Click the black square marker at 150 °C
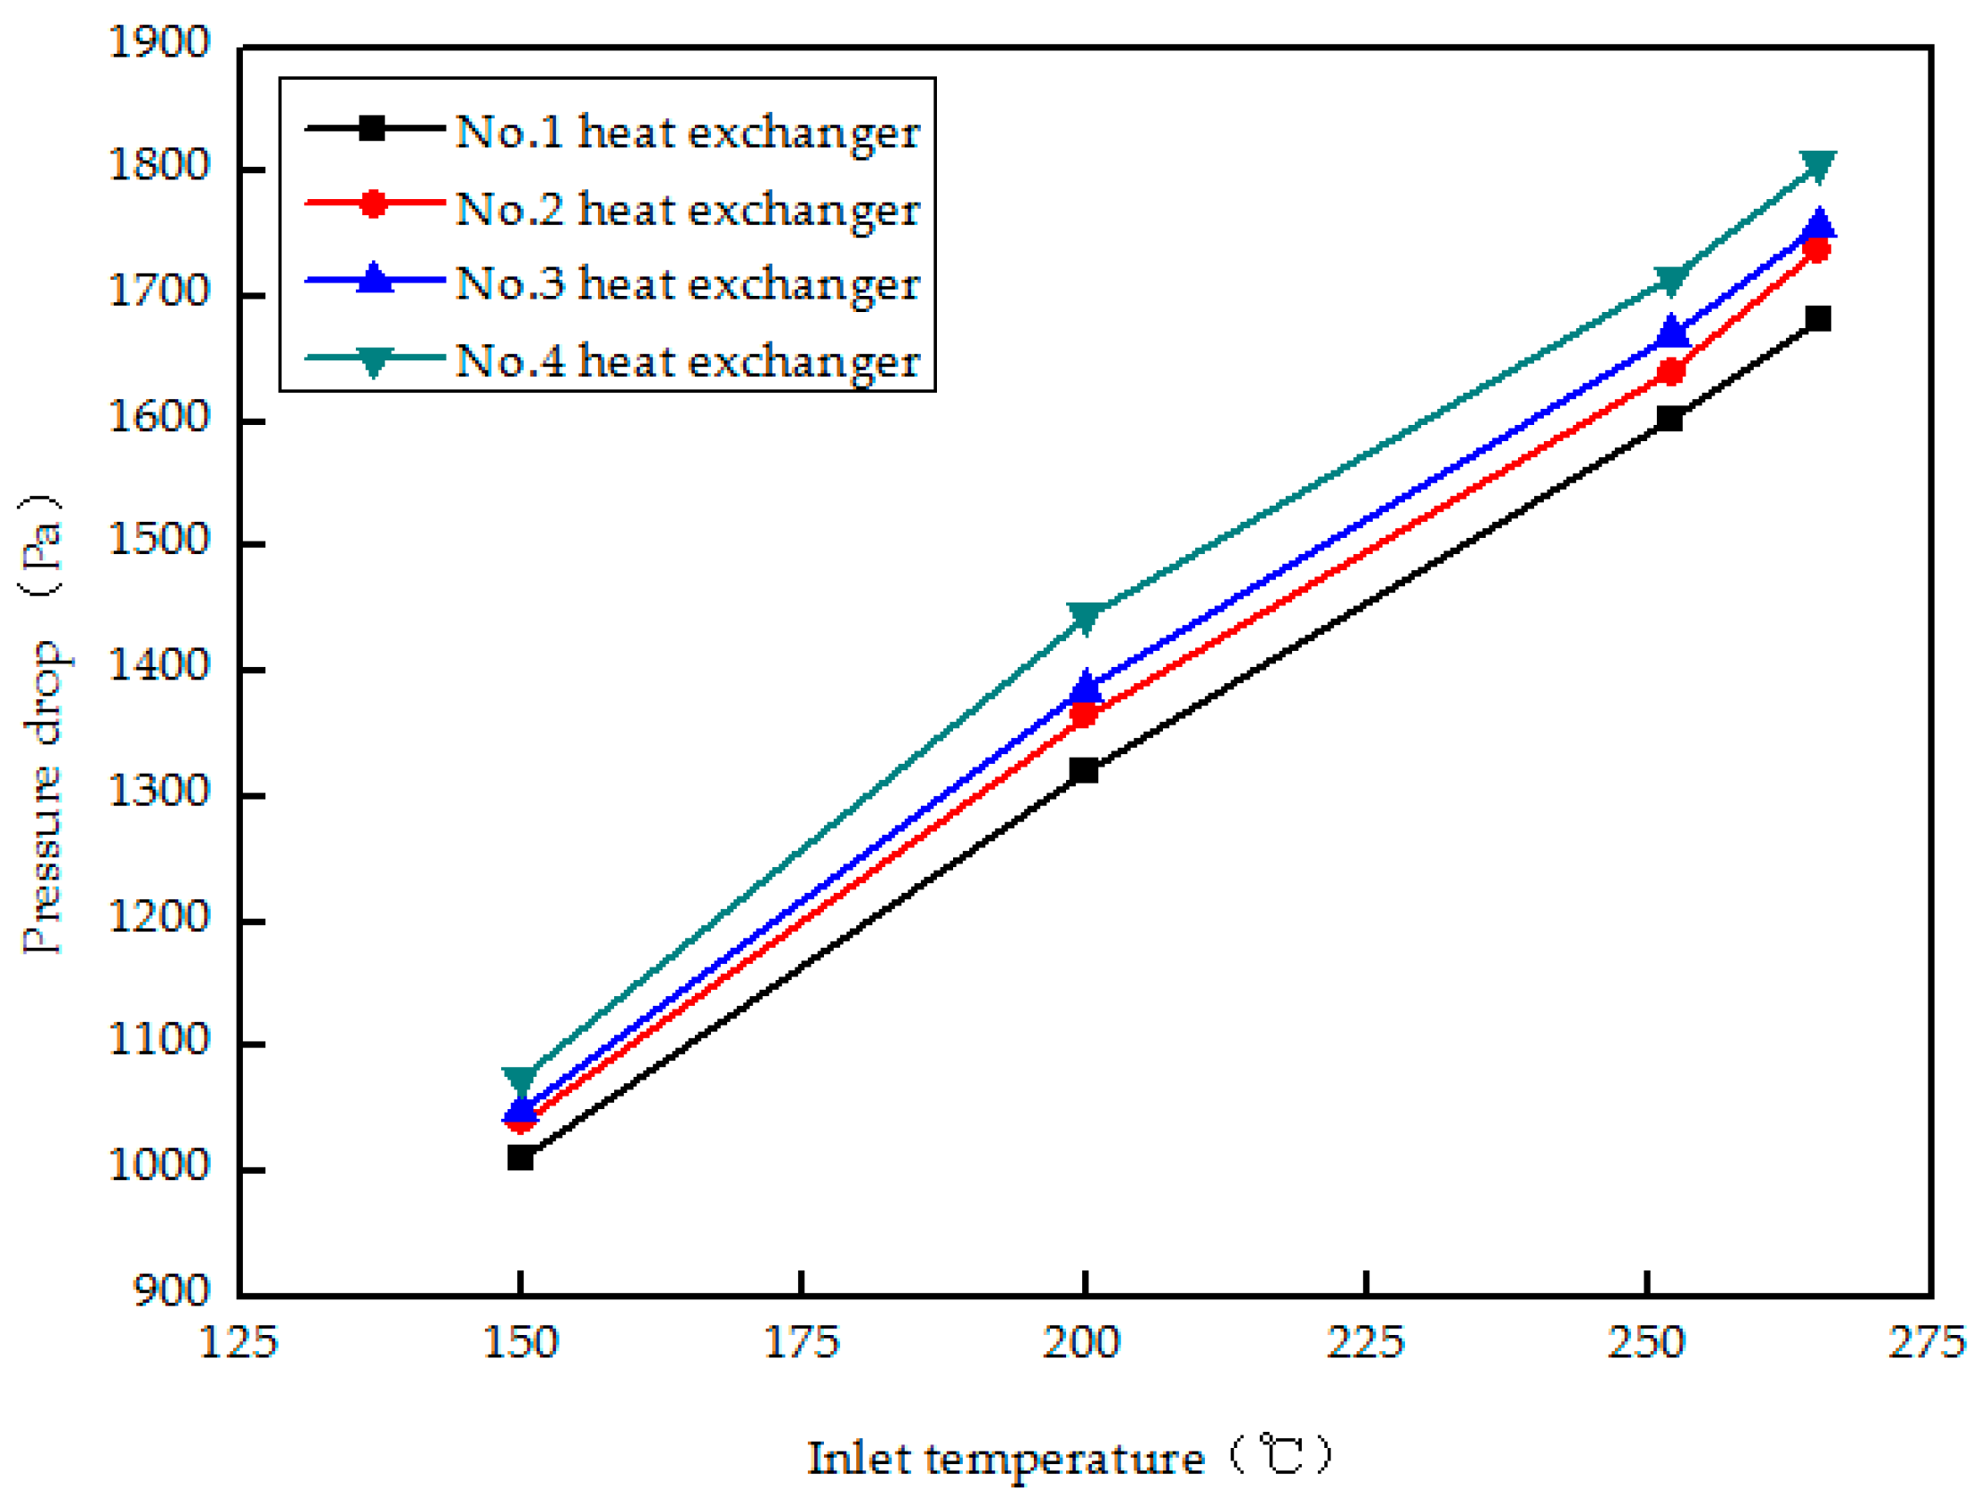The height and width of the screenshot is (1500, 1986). click(x=520, y=1158)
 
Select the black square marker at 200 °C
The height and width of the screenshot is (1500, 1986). click(x=1084, y=770)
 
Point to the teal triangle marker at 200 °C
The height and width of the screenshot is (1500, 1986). click(x=1085, y=617)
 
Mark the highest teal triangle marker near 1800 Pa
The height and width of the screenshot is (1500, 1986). click(x=1818, y=165)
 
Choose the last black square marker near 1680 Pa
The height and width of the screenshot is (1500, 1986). click(x=1818, y=318)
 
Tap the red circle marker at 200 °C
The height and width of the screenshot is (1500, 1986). click(x=1084, y=715)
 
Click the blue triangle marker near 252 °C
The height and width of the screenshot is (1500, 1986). click(x=1672, y=331)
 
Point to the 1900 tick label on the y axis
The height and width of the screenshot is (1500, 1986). click(x=159, y=42)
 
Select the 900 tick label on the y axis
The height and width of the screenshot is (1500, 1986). click(x=171, y=1291)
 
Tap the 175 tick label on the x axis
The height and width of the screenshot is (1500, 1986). click(x=801, y=1342)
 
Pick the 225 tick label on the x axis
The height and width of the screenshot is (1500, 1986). click(x=1365, y=1342)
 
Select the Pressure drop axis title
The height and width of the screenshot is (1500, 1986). click(x=42, y=724)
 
